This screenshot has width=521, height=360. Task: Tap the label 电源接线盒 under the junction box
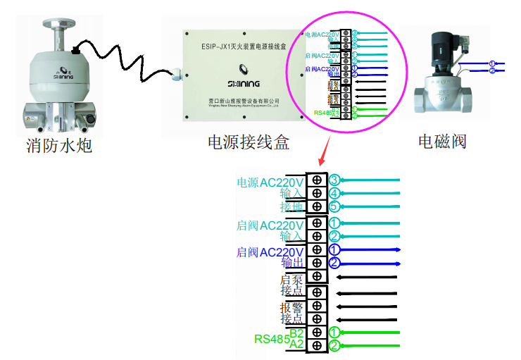tap(249, 143)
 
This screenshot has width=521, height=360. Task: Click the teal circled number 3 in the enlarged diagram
tap(335, 180)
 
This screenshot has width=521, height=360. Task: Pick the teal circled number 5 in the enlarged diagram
tap(335, 206)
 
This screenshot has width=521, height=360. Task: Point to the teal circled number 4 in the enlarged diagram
tap(335, 193)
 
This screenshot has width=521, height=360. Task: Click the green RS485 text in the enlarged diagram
tap(271, 339)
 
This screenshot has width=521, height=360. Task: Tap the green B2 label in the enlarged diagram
tap(296, 333)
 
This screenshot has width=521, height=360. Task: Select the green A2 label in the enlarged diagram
tap(296, 345)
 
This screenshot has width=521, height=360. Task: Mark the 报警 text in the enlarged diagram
tap(291, 307)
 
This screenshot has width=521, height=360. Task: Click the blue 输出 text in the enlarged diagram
tap(292, 263)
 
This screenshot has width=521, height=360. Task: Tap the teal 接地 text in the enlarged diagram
tap(292, 207)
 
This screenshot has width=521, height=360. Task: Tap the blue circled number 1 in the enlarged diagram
tap(335, 249)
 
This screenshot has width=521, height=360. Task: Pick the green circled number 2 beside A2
tap(335, 345)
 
